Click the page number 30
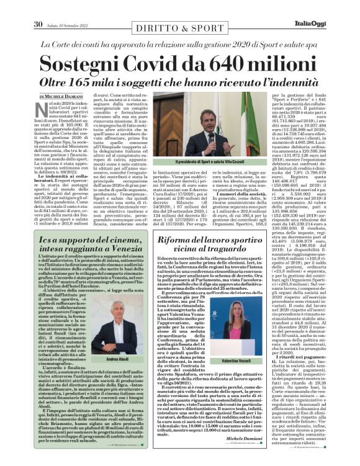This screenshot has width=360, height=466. click(x=38, y=7)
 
